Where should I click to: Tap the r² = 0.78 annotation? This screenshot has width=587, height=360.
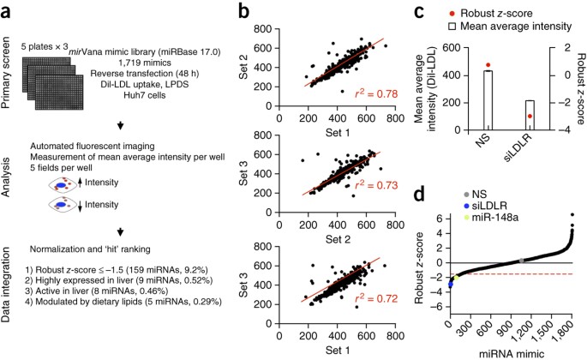tap(376, 93)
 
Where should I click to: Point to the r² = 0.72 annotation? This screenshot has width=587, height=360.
tap(376, 298)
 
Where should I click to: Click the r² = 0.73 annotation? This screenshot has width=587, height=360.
tap(376, 185)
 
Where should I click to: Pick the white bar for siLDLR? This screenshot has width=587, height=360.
tap(530, 116)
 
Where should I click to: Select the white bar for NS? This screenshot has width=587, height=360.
tap(488, 100)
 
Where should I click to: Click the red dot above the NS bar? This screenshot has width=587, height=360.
tap(488, 65)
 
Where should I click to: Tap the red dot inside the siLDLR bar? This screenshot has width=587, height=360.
tap(530, 116)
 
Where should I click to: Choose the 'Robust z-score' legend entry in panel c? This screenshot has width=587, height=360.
tap(491, 14)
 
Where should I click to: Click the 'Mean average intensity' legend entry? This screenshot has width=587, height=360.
tap(510, 27)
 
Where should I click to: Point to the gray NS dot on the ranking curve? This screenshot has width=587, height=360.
tap(522, 261)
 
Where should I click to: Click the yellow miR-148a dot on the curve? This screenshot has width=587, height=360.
tap(456, 278)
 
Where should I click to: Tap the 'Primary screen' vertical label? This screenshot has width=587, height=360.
tap(6, 72)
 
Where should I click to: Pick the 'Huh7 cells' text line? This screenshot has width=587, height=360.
tap(145, 95)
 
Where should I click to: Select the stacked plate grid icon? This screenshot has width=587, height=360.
tap(52, 83)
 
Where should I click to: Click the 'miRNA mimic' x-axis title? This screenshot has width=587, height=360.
tap(512, 354)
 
